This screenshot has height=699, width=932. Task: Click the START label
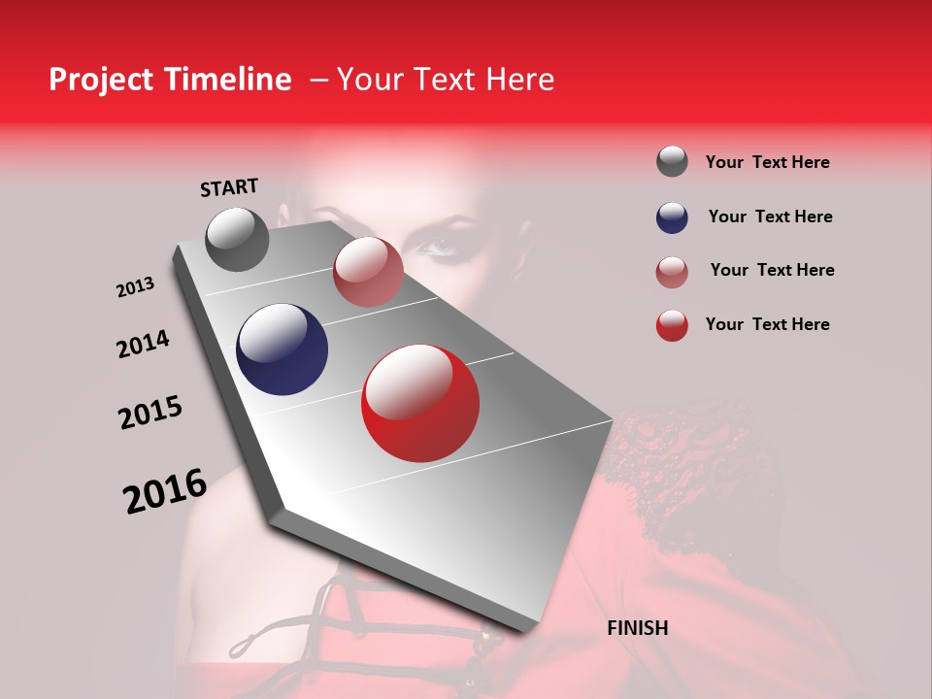point(229,187)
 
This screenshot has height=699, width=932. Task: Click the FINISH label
point(637,628)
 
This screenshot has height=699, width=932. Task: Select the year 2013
point(135,287)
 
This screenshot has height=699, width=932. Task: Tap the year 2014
point(143,345)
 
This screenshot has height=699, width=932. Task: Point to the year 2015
point(150,413)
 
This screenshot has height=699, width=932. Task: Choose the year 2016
point(165,490)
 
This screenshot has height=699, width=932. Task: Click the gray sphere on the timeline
point(237,239)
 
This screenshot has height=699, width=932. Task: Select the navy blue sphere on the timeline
point(282,349)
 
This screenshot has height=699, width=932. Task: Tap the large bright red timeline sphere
point(419,403)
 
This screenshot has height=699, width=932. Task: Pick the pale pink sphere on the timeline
point(368,272)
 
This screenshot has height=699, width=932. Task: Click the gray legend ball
point(672,162)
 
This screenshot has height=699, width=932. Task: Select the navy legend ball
point(672,217)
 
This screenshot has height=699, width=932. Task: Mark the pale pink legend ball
point(672,272)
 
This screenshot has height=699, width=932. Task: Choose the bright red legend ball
point(672,325)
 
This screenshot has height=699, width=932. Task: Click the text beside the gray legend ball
point(767,163)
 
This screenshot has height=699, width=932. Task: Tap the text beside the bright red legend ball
point(767,324)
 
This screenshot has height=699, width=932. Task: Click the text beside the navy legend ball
point(770,216)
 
